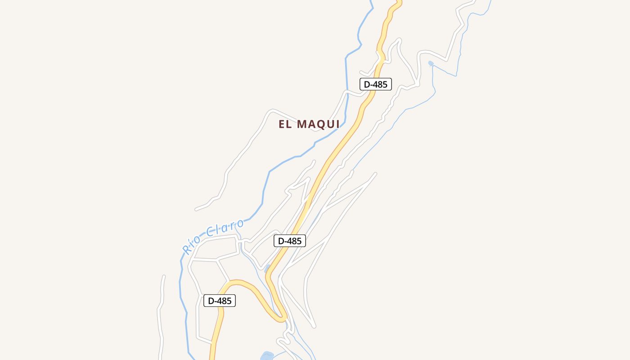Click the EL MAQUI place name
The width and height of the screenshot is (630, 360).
(x=309, y=125)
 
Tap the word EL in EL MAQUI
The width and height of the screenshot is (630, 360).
(x=285, y=125)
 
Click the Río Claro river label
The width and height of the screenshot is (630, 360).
(x=213, y=237)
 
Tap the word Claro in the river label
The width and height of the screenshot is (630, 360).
(x=225, y=229)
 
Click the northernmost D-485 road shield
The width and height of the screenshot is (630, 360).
(x=375, y=84)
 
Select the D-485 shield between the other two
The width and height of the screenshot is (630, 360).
(x=290, y=241)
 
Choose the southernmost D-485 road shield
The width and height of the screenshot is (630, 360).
(x=220, y=301)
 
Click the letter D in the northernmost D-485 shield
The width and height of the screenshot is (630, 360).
(x=367, y=84)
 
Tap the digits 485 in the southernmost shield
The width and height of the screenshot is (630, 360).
(x=225, y=301)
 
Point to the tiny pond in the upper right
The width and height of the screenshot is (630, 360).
(x=431, y=63)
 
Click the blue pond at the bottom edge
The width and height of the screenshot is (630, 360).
(x=267, y=356)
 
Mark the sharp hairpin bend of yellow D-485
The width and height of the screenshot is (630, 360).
(x=282, y=319)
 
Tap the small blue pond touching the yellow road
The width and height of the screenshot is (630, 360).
(x=267, y=269)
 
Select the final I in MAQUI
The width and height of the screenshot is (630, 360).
(x=337, y=125)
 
